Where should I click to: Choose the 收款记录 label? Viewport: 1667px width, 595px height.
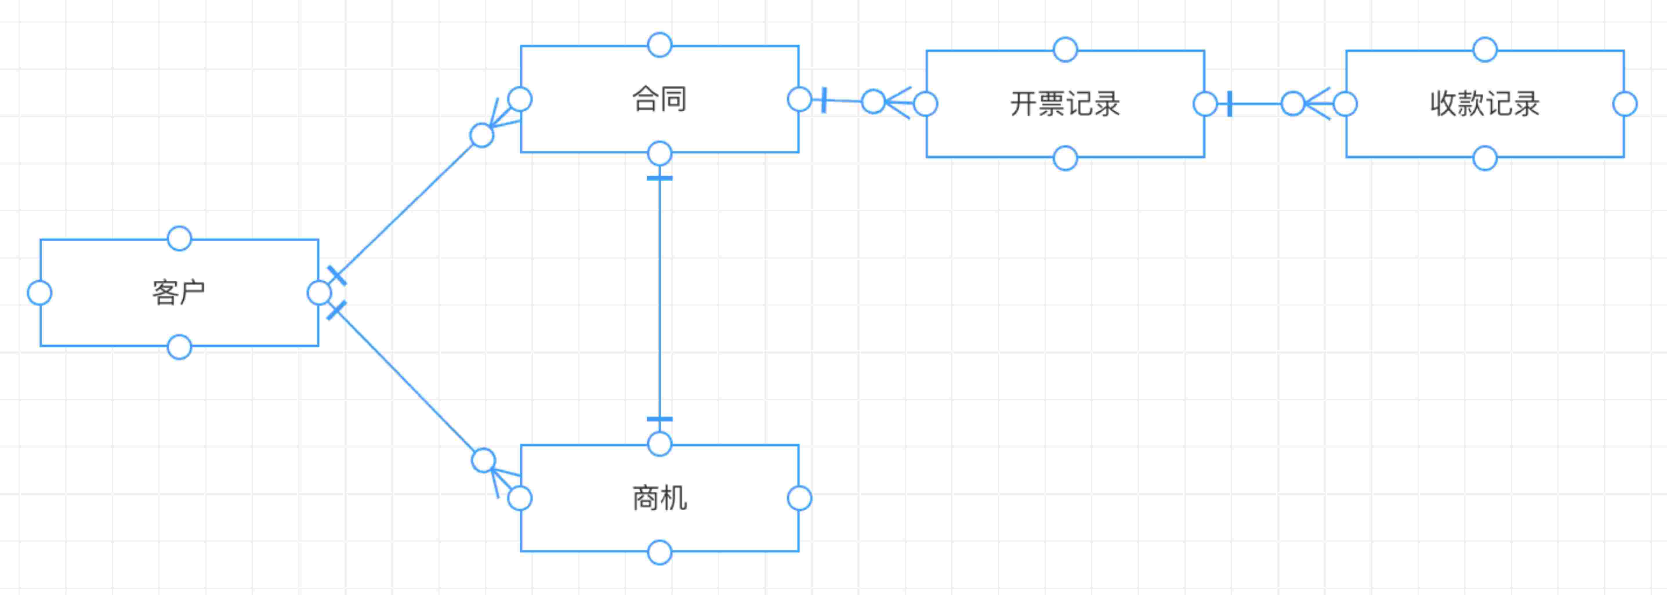click(1485, 104)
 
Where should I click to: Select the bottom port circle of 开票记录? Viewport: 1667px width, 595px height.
click(1065, 158)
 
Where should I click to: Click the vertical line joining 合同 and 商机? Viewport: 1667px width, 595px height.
click(659, 297)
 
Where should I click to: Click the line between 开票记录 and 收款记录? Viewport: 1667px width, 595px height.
click(1255, 104)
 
